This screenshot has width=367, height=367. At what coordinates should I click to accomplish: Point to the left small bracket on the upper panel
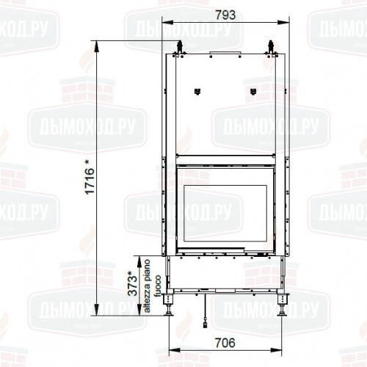point(197,92)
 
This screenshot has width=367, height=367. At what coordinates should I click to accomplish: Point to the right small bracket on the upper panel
point(253,92)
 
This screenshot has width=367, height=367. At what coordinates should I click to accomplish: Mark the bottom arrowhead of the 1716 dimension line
point(96,313)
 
